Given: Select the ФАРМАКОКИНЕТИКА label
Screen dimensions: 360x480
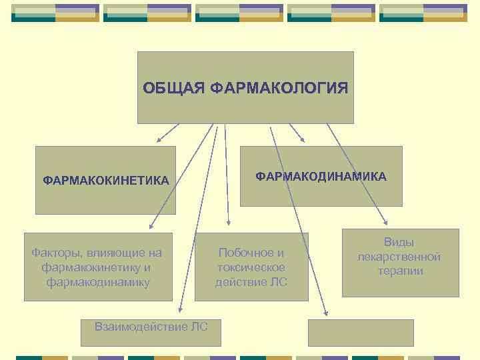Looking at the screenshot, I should pos(105,181).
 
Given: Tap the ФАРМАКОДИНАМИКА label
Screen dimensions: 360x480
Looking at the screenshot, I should pos(321,177).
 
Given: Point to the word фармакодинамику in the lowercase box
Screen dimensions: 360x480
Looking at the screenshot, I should pos(98,282).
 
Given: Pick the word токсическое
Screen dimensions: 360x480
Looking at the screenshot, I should pos(251,267).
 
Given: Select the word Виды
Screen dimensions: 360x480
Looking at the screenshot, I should pos(399,243).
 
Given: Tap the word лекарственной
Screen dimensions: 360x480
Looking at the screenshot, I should pos(399,257).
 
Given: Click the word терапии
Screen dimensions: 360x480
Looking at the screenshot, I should pos(399,271).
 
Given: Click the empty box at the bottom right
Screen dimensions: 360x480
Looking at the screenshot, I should pos(361,333).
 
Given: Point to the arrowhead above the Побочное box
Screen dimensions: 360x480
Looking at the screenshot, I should pos(228,223).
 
